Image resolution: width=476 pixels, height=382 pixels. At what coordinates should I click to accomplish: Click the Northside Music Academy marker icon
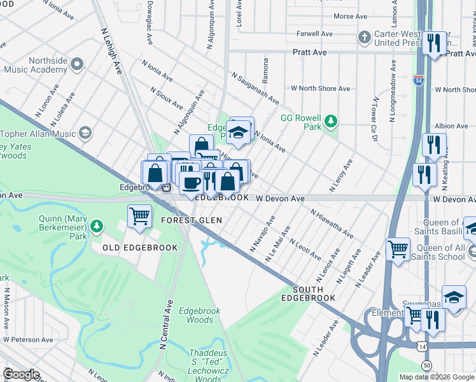(x=78, y=64)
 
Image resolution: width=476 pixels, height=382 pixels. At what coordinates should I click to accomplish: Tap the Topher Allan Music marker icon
(x=85, y=133)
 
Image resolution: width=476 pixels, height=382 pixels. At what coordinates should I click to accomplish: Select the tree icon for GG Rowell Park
(x=330, y=121)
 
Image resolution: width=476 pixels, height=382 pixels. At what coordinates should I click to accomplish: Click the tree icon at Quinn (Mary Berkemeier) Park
(x=96, y=226)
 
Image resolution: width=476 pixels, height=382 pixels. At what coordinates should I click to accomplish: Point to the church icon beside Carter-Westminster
(x=365, y=38)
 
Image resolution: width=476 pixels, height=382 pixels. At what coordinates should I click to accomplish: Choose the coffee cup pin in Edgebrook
(x=191, y=183)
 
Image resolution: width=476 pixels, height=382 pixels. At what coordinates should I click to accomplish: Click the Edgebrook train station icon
(x=165, y=188)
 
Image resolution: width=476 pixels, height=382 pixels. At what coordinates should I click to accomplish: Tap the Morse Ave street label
(x=351, y=17)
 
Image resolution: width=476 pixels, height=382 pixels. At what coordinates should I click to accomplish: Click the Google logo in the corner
(x=21, y=374)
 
